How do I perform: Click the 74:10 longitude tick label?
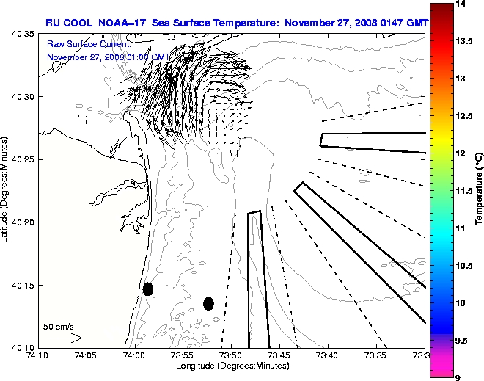coord(37,356)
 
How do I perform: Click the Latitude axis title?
coord(5,190)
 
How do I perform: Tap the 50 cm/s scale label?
coord(59,326)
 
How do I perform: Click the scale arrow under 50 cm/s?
coord(65,338)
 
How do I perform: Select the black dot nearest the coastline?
coord(148,289)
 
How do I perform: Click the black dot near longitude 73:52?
coord(208,303)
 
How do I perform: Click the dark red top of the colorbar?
coord(439,15)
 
